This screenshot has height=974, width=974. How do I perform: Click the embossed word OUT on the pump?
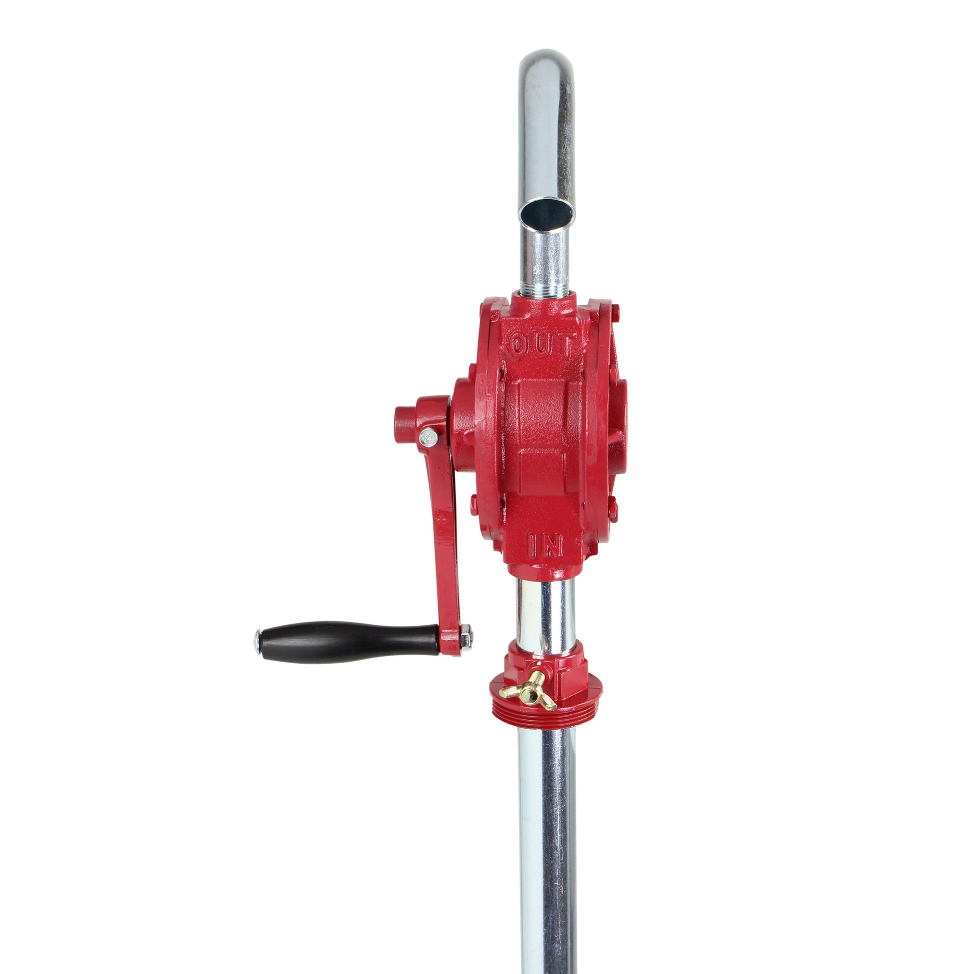(542, 345)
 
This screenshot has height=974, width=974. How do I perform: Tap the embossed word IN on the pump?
(545, 545)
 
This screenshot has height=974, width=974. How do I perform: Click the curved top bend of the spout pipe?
(547, 71)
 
